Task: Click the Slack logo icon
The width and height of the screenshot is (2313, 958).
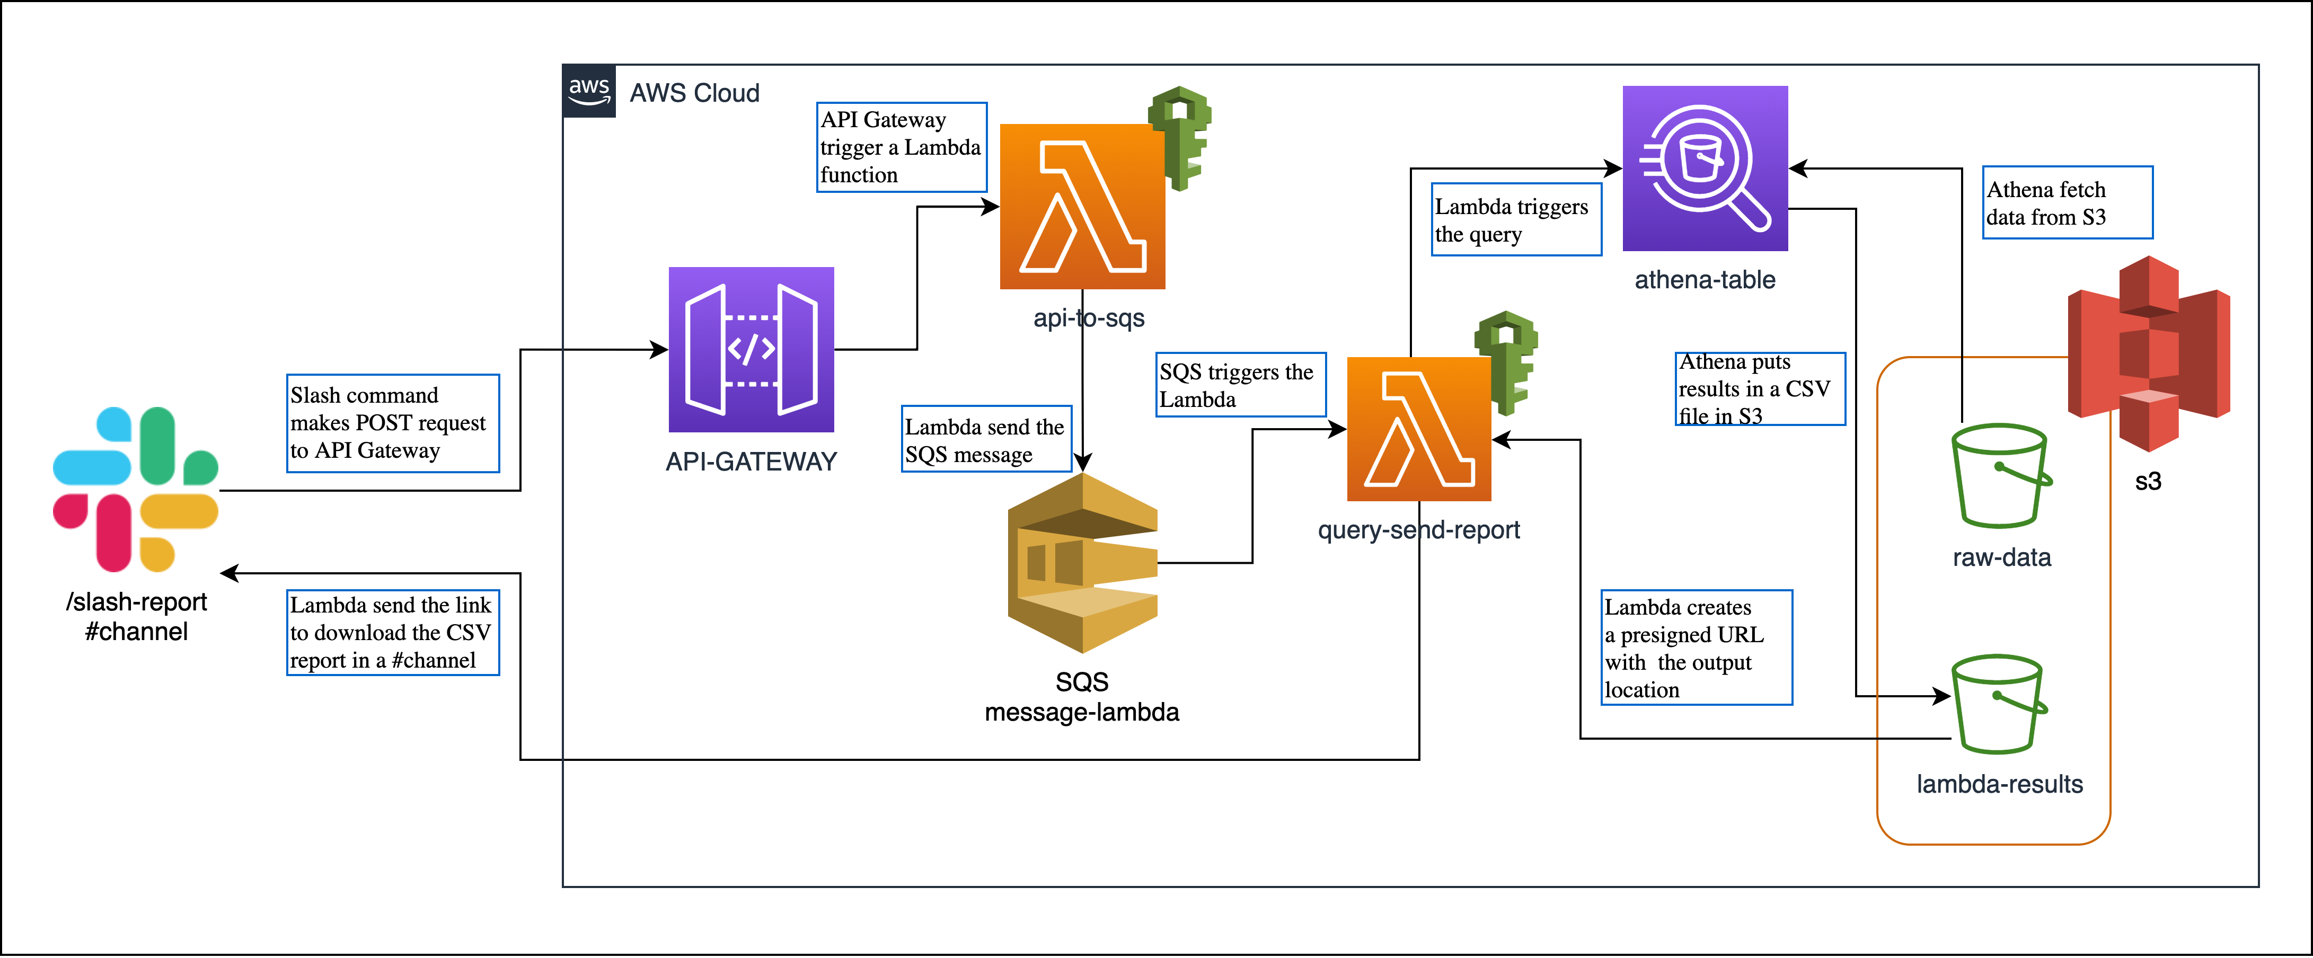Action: pos(136,489)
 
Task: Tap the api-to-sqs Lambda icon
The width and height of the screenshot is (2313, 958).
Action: pos(1082,207)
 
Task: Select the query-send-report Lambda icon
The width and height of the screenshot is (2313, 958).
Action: pos(1419,429)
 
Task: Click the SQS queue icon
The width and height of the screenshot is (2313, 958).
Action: pos(1082,563)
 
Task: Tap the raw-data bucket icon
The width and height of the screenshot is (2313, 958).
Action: pos(2000,476)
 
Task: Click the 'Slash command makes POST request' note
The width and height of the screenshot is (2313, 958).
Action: pos(392,423)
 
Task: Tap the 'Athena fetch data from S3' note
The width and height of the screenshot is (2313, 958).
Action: pos(2067,203)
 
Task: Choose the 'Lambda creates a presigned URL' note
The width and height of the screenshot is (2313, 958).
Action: pos(1696,647)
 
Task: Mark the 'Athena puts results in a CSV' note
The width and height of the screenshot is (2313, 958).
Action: pos(1759,389)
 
